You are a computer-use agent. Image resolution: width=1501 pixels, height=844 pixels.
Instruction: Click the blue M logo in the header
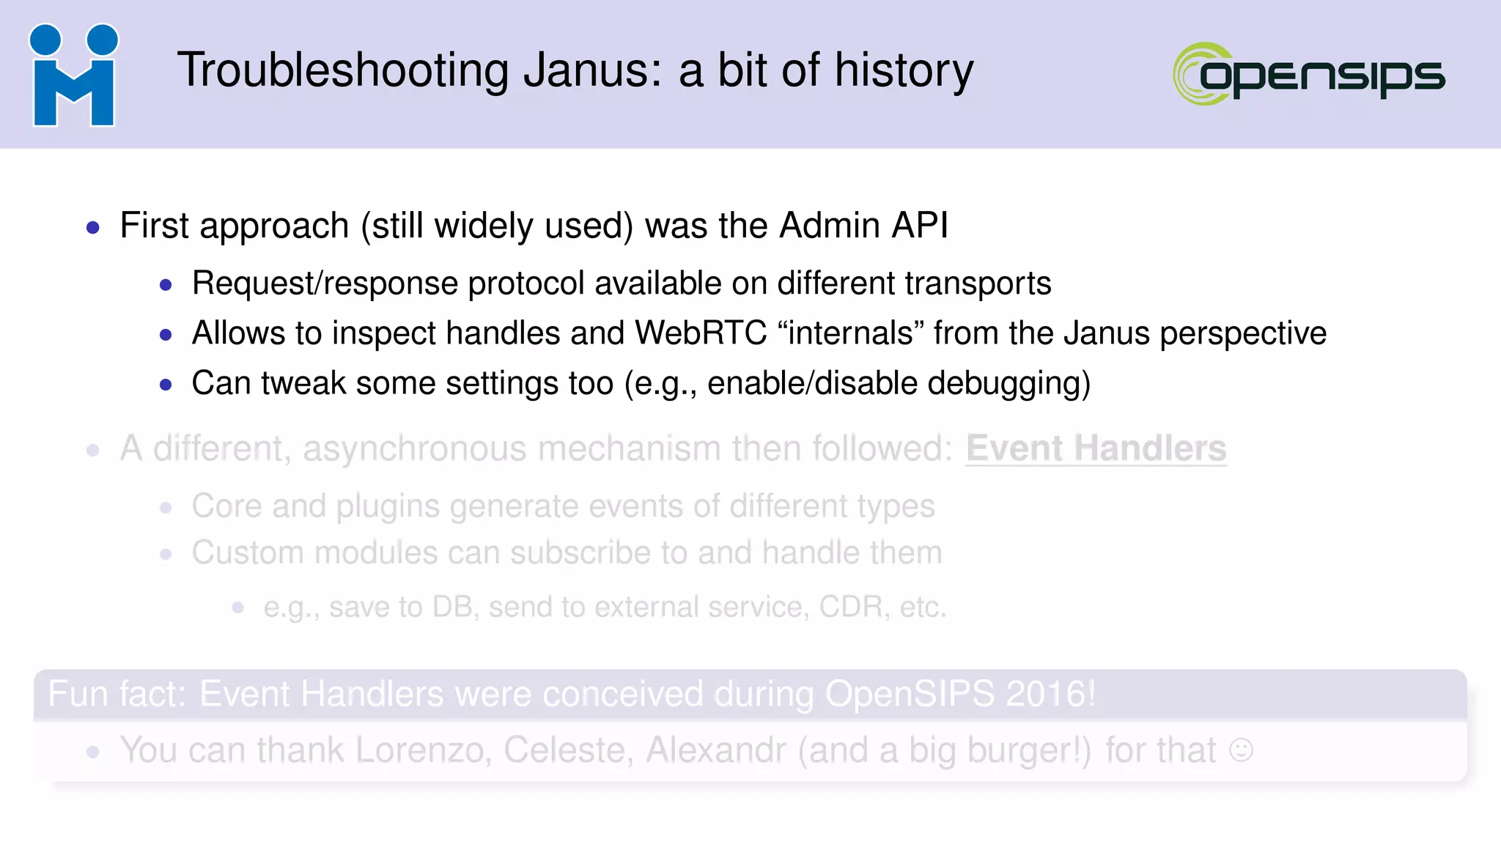click(73, 75)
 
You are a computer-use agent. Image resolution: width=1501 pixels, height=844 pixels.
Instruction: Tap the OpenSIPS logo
click(1309, 74)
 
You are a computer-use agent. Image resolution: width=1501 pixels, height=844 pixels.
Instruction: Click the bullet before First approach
click(92, 228)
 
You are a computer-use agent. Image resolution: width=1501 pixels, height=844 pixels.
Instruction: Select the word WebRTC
click(701, 333)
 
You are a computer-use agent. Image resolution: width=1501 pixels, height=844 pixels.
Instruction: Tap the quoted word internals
click(850, 333)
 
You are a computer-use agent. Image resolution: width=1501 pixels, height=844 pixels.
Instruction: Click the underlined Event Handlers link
click(1096, 449)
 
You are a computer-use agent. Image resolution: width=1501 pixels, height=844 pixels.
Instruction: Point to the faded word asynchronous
click(414, 449)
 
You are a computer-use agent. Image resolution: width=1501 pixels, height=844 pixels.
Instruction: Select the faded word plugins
click(388, 507)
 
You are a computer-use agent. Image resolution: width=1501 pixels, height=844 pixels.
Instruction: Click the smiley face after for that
click(1241, 750)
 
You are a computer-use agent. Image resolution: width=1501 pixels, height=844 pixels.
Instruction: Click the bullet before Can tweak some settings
click(166, 385)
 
